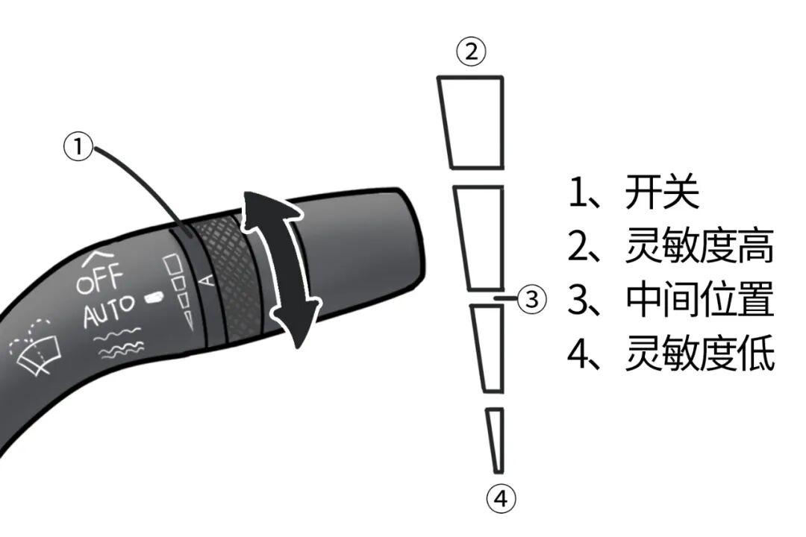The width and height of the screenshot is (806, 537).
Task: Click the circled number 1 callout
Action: pos(78,147)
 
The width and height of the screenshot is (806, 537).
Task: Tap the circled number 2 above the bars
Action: pos(471,51)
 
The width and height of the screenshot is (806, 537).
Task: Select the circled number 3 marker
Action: pos(531,299)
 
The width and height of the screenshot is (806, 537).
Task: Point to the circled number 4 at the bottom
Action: pos(501,498)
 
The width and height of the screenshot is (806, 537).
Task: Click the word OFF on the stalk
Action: pos(100,277)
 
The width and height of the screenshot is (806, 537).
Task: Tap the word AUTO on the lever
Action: pos(109,310)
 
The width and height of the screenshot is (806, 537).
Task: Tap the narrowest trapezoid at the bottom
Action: pos(496,440)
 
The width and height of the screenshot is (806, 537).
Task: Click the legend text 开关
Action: pos(661,192)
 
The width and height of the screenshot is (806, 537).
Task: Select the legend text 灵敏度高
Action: pos(699,246)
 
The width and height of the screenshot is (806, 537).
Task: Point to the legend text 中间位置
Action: pos(699,300)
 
